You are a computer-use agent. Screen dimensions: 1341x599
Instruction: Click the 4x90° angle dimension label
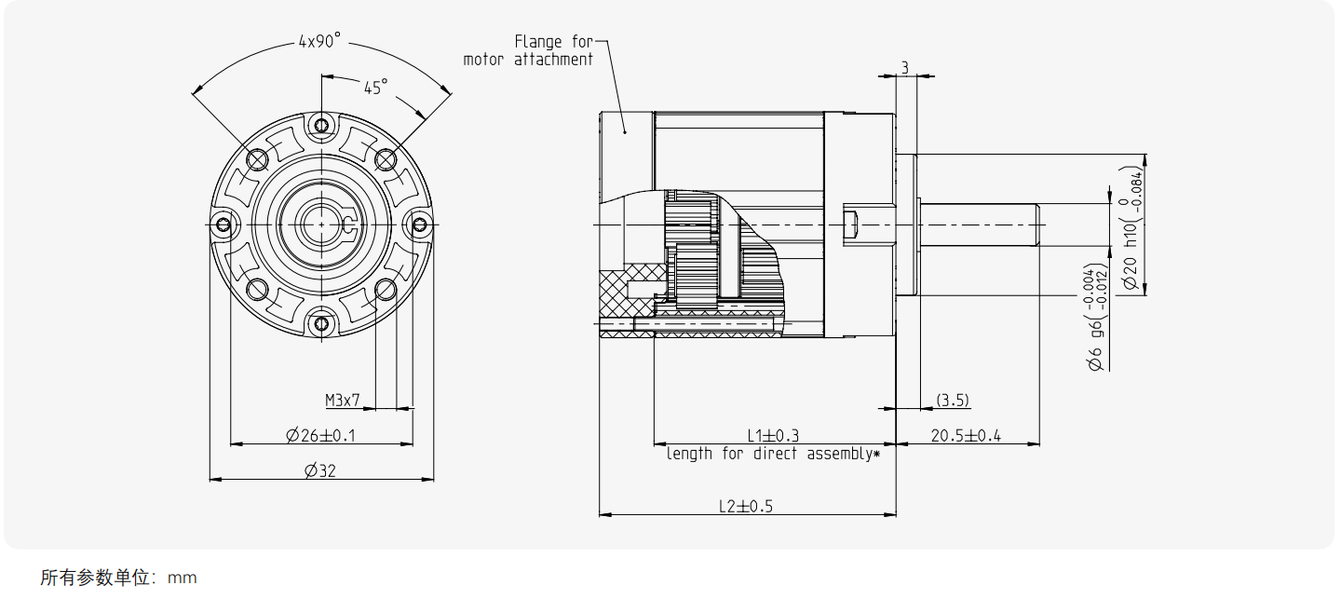tap(319, 41)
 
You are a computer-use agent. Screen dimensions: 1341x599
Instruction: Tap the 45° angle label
tap(376, 88)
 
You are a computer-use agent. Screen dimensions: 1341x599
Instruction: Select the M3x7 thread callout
tap(343, 401)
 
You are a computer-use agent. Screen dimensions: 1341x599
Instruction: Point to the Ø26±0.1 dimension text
tap(321, 435)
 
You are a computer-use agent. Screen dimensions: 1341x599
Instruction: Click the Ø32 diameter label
tap(320, 471)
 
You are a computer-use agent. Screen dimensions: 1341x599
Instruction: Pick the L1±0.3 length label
tap(773, 435)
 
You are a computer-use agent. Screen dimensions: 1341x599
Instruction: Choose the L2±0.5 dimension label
tap(746, 507)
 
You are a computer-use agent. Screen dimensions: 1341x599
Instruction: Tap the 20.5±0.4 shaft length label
tap(966, 436)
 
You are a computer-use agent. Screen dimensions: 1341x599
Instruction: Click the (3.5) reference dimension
tap(953, 401)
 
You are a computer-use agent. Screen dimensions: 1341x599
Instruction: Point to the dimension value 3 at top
tap(905, 68)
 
